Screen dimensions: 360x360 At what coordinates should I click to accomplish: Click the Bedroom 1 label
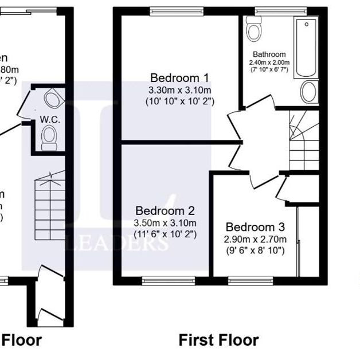pyautogui.click(x=179, y=78)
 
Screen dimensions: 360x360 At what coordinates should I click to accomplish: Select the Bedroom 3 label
pyautogui.click(x=255, y=227)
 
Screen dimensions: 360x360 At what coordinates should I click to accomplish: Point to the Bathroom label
pyautogui.click(x=269, y=55)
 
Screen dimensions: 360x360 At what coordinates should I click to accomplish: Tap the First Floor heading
pyautogui.click(x=218, y=340)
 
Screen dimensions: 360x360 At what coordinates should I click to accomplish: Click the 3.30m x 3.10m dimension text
pyautogui.click(x=179, y=90)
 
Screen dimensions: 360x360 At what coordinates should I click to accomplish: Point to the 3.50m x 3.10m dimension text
pyautogui.click(x=165, y=222)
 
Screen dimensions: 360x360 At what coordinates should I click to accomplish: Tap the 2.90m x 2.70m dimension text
pyautogui.click(x=255, y=239)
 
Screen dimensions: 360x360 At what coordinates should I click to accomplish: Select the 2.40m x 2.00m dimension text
pyautogui.click(x=269, y=62)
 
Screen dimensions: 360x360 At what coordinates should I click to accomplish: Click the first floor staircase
pyautogui.click(x=304, y=140)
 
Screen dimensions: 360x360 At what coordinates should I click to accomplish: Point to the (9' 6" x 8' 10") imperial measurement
pyautogui.click(x=255, y=251)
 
